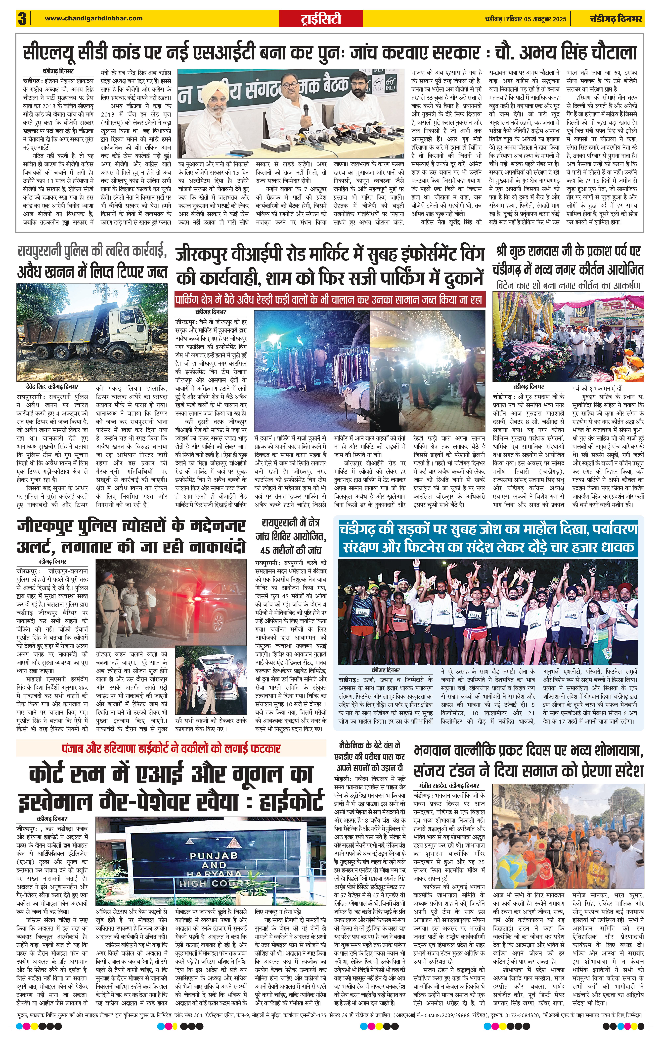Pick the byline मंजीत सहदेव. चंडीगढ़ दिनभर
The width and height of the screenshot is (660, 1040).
click(x=449, y=785)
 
